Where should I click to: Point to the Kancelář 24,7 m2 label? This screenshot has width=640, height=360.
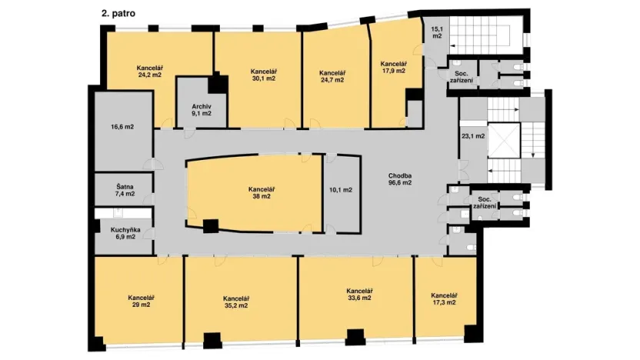(x=334, y=75)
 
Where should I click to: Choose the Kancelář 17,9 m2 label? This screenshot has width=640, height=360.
(x=393, y=67)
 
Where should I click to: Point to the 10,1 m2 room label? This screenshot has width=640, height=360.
(x=340, y=189)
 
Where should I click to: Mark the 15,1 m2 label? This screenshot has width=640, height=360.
(x=436, y=32)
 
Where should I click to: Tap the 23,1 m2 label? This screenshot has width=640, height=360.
(x=472, y=136)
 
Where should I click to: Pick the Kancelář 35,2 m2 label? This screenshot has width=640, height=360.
(x=236, y=302)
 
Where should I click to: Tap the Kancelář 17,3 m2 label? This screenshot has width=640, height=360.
(x=445, y=299)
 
